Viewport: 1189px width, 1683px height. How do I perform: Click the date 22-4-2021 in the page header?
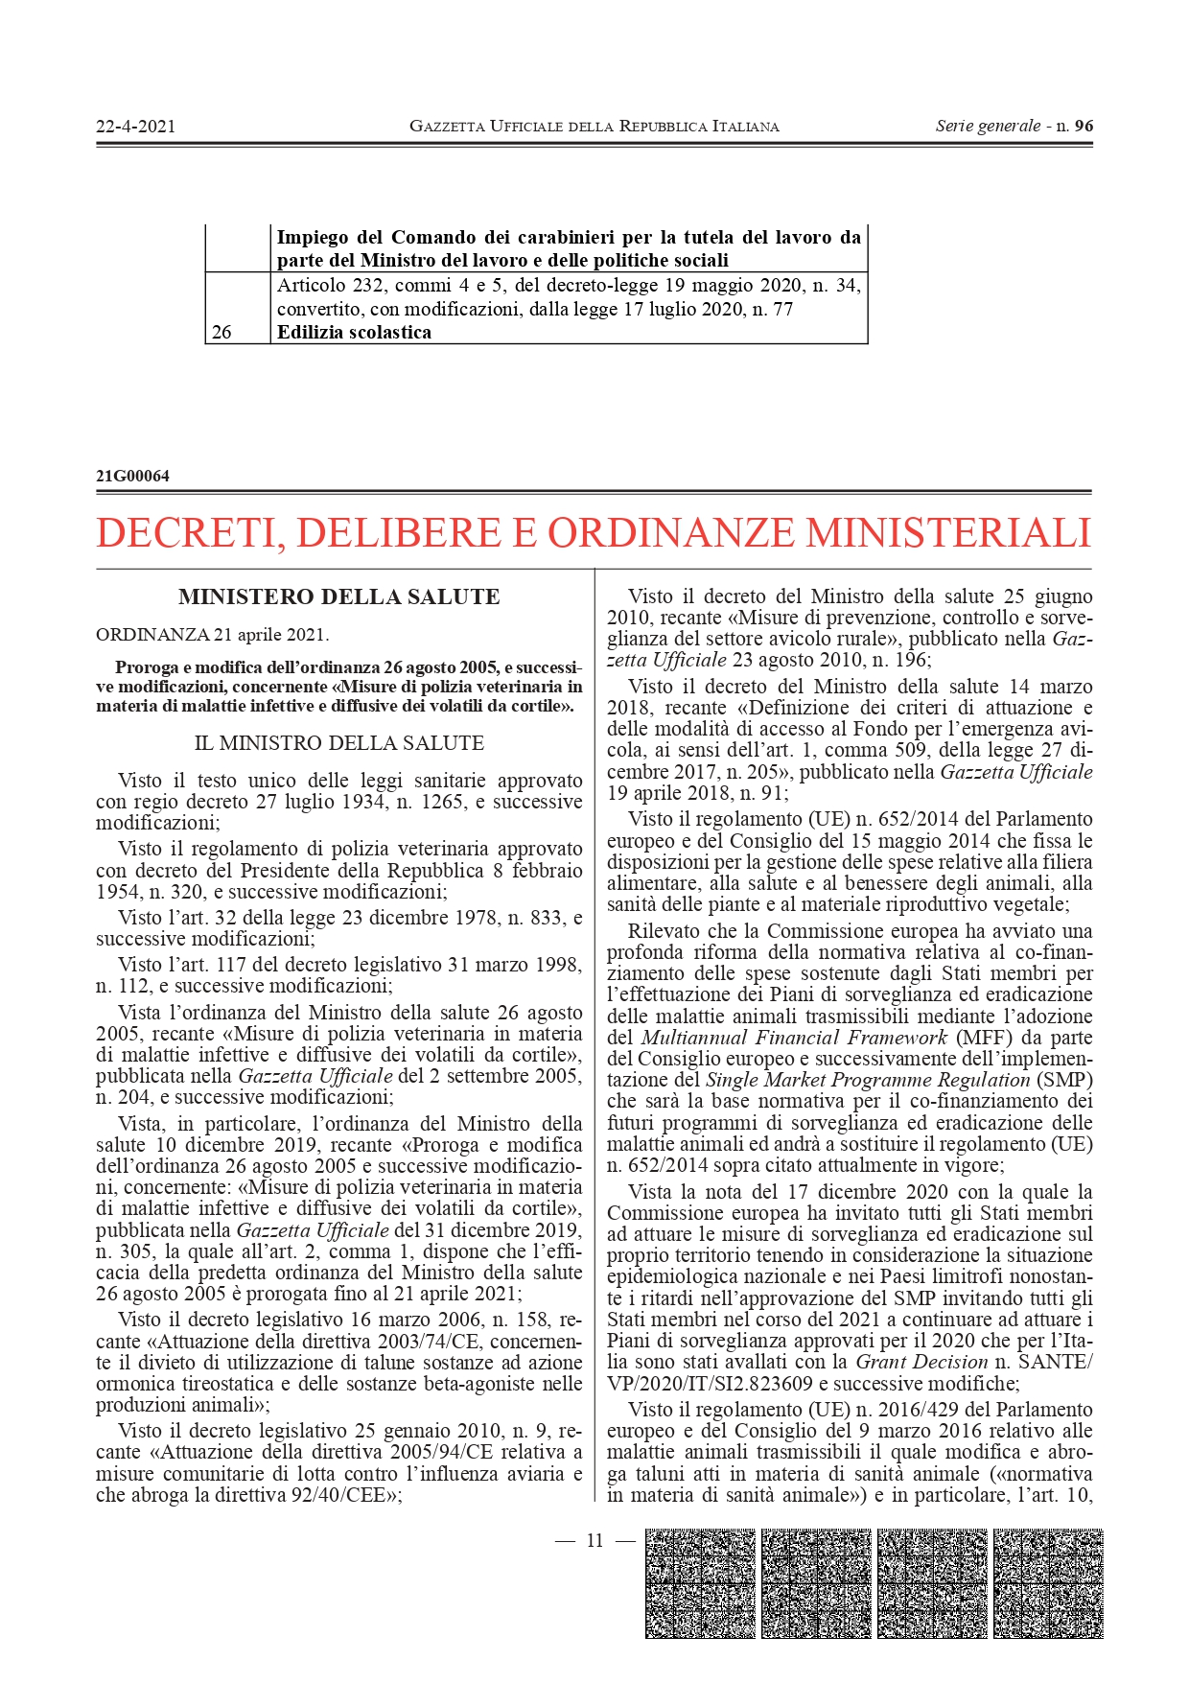[135, 126]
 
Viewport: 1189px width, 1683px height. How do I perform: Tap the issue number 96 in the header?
[1084, 126]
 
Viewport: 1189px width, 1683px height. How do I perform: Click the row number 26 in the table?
[221, 333]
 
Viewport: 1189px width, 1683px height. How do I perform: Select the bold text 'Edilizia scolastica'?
[354, 333]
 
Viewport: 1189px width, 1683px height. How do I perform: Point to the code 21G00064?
[132, 476]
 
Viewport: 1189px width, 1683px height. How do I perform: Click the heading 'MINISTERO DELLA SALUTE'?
[339, 596]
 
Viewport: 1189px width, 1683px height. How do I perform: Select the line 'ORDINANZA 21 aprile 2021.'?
[212, 635]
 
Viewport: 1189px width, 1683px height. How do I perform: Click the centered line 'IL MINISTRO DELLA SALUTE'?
[339, 743]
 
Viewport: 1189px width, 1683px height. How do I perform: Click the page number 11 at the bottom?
[594, 1540]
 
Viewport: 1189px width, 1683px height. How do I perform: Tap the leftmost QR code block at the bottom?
[700, 1583]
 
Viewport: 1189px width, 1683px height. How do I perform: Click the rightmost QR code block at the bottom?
[1048, 1583]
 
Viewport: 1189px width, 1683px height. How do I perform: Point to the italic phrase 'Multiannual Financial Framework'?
[794, 1038]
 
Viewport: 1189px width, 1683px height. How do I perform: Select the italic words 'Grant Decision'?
[921, 1362]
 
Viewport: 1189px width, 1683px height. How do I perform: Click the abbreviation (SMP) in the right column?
[1064, 1080]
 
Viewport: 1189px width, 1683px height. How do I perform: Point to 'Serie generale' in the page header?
[988, 126]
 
